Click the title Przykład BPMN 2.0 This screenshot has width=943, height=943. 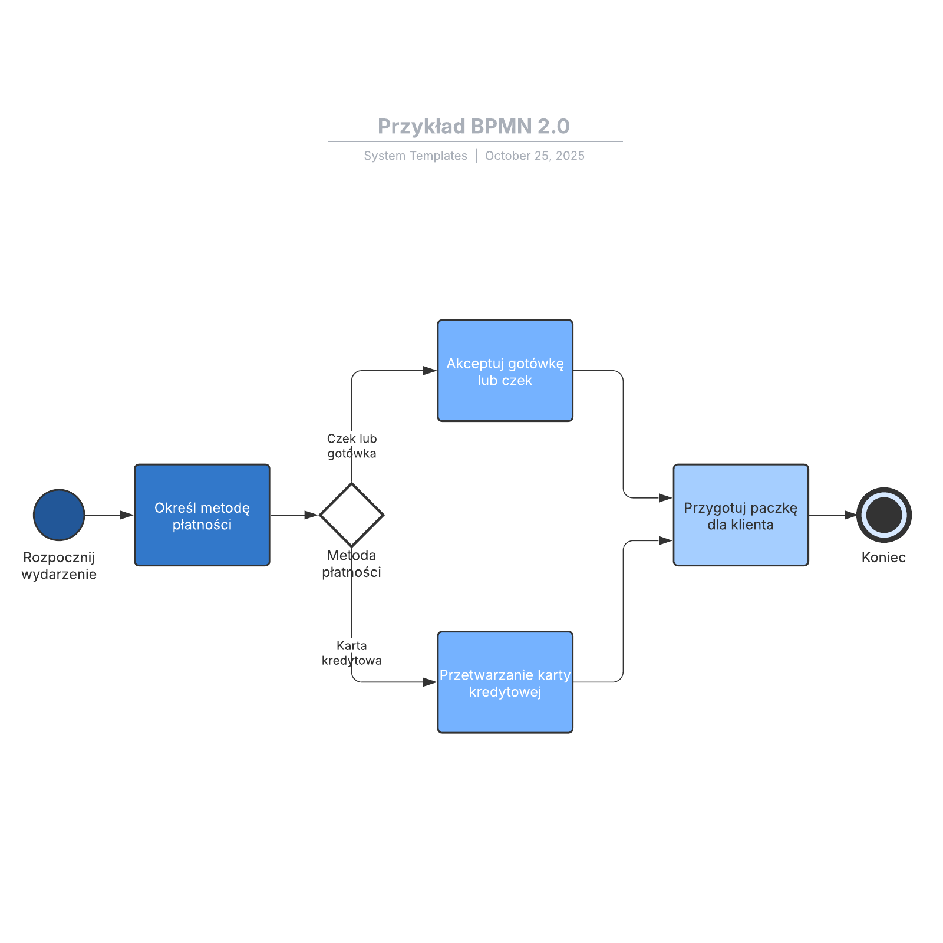tap(473, 126)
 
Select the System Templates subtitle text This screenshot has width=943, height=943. tap(415, 156)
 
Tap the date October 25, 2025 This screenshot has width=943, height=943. tap(535, 156)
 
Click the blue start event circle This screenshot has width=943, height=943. tap(59, 515)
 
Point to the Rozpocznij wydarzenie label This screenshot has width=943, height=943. tap(59, 566)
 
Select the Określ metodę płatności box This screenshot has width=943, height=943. tap(202, 515)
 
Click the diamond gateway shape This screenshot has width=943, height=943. tap(351, 515)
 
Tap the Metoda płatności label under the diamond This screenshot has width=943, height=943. tap(351, 563)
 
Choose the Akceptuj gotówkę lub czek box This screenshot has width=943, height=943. tap(505, 371)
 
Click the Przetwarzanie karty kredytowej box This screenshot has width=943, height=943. tap(505, 682)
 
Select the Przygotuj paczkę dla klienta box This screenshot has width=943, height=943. tap(741, 515)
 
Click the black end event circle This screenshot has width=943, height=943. tap(883, 515)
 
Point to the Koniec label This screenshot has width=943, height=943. tap(883, 558)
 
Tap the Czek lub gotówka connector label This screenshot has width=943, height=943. tap(352, 446)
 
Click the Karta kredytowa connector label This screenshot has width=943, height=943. tap(352, 653)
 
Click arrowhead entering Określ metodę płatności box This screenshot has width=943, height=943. tap(127, 515)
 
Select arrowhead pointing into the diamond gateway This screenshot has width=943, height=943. tap(312, 515)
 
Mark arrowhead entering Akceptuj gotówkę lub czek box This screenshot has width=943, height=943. tap(430, 371)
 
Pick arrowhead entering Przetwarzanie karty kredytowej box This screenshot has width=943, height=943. tap(430, 682)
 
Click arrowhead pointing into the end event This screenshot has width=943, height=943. tap(851, 515)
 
